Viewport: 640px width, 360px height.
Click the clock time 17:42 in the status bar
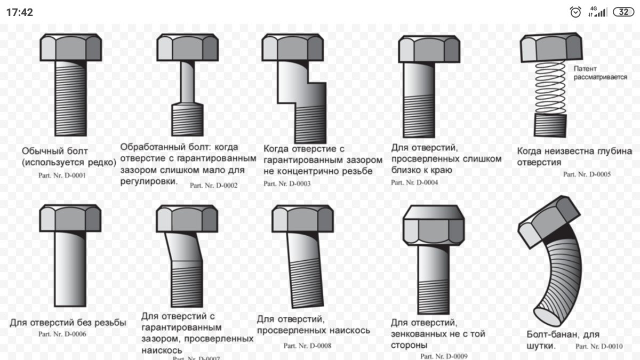click(20, 12)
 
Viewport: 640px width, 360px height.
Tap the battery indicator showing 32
click(623, 12)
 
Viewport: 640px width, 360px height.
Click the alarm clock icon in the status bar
click(575, 12)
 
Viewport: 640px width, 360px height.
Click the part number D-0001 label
click(62, 175)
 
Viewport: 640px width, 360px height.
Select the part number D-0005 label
click(587, 174)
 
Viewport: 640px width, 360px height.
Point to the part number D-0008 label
click(307, 346)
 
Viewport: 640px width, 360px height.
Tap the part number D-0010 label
click(599, 346)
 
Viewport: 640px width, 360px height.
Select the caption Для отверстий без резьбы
click(68, 323)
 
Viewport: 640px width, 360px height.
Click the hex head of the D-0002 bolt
click(187, 47)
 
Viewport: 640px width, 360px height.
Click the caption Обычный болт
click(55, 151)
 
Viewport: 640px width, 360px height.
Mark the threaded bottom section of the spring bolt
click(550, 125)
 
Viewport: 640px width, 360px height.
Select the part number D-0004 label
click(414, 182)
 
